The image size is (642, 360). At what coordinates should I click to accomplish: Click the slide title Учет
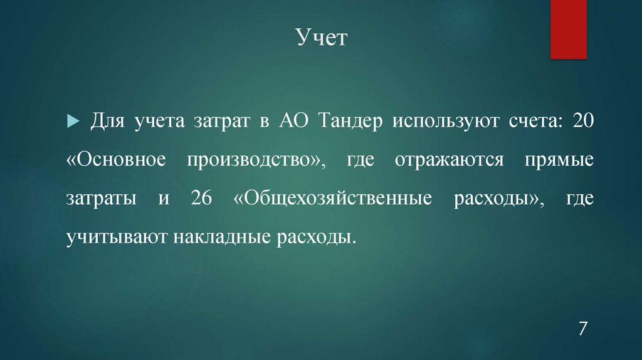(320, 40)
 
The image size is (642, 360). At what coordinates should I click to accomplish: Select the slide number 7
(583, 329)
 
